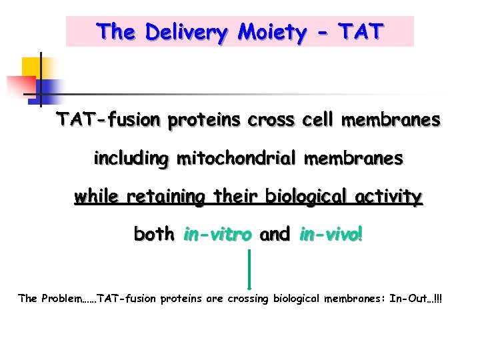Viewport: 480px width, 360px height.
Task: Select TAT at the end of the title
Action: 361,31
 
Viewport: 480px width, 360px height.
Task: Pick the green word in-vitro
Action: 217,235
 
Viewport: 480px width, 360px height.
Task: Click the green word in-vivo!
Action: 331,235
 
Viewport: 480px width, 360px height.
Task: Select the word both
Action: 153,235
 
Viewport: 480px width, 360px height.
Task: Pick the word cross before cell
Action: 271,120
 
